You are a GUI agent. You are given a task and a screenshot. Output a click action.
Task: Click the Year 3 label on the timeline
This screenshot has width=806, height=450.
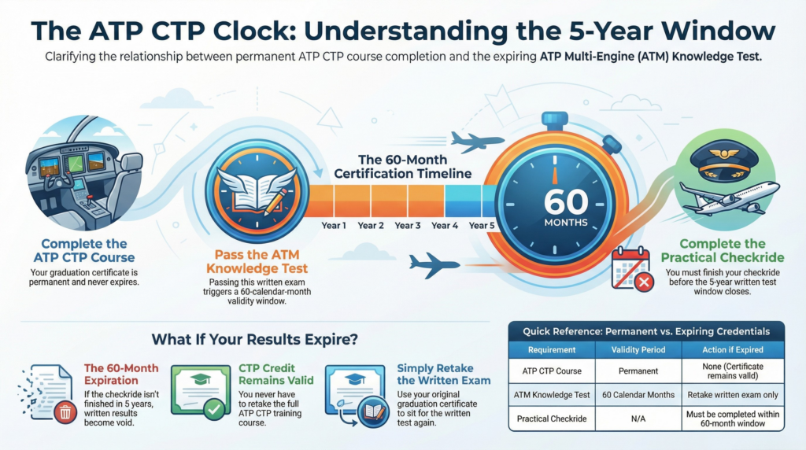click(407, 226)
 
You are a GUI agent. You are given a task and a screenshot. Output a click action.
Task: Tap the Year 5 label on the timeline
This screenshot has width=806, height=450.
click(482, 226)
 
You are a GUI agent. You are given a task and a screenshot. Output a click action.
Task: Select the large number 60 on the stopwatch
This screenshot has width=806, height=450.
click(566, 202)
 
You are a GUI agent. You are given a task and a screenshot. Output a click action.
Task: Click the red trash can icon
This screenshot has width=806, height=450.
click(65, 412)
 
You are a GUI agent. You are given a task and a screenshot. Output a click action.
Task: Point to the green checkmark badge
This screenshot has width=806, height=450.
click(214, 409)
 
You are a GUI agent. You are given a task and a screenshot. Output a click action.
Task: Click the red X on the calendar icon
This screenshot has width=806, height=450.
click(644, 282)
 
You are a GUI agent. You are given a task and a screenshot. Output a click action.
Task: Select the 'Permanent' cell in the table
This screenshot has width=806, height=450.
click(638, 371)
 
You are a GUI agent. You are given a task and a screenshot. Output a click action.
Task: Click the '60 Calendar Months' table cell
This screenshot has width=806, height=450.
click(638, 395)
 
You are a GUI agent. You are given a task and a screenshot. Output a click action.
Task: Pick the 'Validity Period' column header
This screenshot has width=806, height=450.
click(638, 350)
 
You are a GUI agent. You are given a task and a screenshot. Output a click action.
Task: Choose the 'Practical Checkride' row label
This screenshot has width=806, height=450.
click(552, 419)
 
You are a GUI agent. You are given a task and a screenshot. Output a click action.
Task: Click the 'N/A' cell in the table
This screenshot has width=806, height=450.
click(638, 419)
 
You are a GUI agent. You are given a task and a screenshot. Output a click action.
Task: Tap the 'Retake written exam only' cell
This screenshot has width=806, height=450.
click(733, 395)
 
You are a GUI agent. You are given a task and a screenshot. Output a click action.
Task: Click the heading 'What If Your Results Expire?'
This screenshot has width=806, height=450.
click(254, 340)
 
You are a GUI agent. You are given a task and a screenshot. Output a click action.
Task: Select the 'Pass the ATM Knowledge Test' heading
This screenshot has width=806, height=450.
click(257, 261)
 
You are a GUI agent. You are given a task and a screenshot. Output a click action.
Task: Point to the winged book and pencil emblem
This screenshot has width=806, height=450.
click(257, 191)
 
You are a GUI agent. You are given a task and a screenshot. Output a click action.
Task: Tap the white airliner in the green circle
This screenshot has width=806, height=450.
click(730, 197)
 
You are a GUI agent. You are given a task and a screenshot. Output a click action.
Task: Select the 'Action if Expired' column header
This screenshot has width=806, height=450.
click(733, 350)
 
